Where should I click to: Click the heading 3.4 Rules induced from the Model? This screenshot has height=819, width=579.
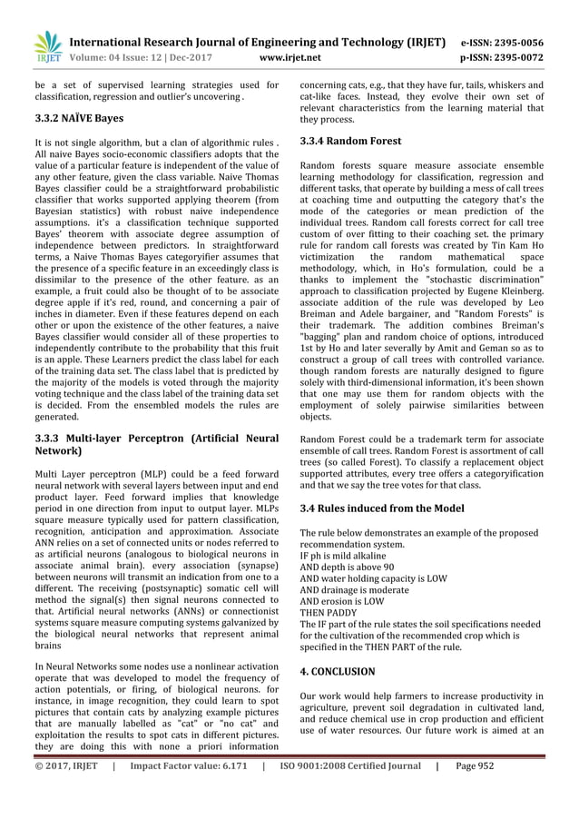[381, 508]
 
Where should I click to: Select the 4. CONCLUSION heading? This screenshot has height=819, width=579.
[337, 671]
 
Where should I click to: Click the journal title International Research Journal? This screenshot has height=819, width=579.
[258, 42]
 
